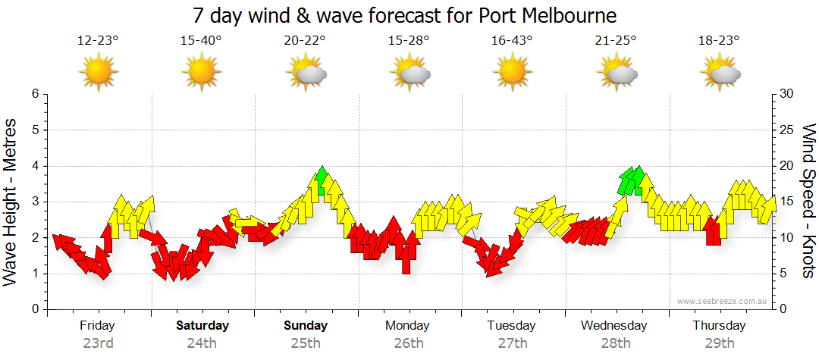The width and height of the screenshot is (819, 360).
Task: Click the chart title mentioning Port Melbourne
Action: [x=405, y=15]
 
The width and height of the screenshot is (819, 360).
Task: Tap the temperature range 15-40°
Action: [x=201, y=40]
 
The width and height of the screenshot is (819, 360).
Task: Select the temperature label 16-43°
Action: [x=512, y=40]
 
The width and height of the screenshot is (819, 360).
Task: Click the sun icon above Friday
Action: [x=98, y=73]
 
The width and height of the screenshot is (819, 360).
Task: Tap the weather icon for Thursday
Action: [x=720, y=74]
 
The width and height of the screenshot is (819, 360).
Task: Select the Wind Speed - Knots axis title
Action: [x=808, y=201]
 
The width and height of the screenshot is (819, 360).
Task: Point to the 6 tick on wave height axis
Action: [x=34, y=94]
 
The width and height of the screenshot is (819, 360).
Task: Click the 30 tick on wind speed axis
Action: [x=787, y=94]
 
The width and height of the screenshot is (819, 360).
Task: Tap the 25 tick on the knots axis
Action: [x=787, y=130]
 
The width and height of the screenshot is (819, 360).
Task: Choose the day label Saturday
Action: [x=202, y=326]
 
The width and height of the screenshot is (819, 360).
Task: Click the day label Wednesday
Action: [x=615, y=326]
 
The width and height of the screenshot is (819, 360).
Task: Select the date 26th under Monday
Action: [x=409, y=343]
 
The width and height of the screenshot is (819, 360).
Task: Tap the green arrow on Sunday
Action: [x=322, y=180]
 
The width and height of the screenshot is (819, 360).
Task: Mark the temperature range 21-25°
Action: [x=616, y=40]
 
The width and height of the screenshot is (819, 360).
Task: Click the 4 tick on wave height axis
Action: [x=34, y=166]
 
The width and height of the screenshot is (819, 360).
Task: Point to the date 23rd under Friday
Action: [x=98, y=343]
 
